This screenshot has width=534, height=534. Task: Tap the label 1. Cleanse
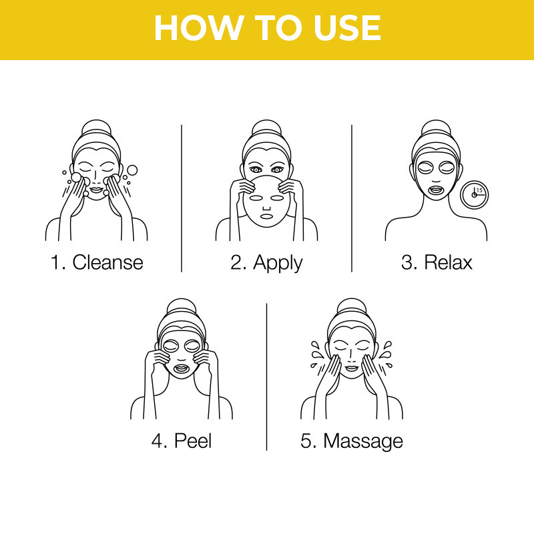[97, 262]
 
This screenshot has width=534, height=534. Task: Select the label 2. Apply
[266, 262]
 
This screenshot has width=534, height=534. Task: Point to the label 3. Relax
[437, 262]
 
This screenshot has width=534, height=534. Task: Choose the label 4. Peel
[181, 441]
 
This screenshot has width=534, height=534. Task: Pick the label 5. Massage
[352, 441]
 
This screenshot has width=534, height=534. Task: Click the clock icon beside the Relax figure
[475, 194]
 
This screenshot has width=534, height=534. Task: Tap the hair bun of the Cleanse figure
[96, 127]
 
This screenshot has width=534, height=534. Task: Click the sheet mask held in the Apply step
[266, 204]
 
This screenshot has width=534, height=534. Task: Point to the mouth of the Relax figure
[436, 189]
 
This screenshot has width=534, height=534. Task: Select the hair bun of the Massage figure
[352, 306]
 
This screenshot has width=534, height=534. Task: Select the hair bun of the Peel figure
[181, 306]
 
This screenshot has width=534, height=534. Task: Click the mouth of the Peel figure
[181, 368]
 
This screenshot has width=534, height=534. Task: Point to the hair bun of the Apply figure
[266, 127]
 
